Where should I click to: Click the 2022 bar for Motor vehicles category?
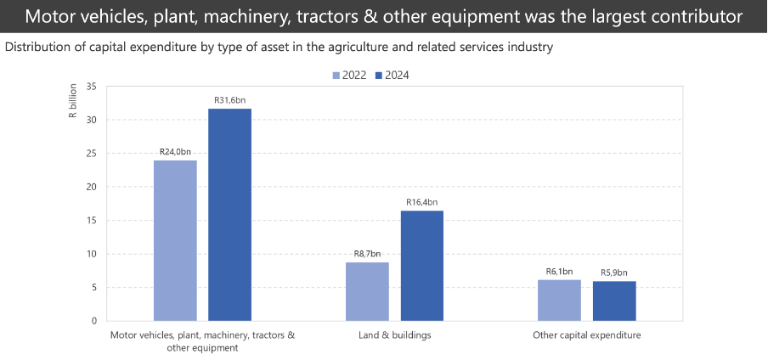(175, 240)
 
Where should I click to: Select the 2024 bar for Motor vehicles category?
(229, 215)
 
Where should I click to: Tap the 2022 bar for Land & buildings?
(367, 291)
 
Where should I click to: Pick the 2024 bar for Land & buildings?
(421, 266)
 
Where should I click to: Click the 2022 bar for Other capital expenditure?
(559, 300)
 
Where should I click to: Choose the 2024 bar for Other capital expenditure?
(613, 301)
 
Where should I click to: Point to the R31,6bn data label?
(229, 101)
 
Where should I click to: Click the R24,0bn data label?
(175, 152)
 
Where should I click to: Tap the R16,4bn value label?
(421, 202)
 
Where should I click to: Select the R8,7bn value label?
(367, 254)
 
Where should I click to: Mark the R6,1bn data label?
(559, 271)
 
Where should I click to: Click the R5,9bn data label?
(613, 273)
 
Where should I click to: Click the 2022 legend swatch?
(336, 76)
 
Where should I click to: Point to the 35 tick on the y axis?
(91, 87)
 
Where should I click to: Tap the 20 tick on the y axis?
(91, 187)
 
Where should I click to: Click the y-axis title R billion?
(73, 102)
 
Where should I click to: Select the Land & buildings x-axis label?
(394, 335)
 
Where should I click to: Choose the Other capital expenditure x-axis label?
(586, 335)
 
